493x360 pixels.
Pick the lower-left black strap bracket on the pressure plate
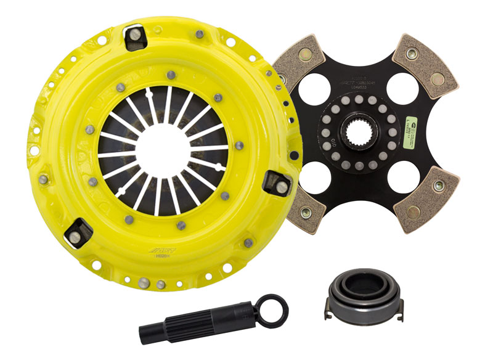point(79,231)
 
